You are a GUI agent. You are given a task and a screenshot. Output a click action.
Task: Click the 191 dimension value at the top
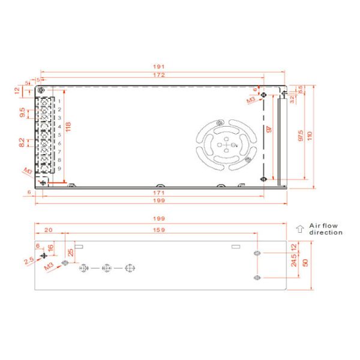click(x=158, y=67)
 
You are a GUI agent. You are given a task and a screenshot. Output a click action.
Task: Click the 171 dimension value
click(x=158, y=193)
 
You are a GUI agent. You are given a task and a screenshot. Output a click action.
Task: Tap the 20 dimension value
click(x=48, y=229)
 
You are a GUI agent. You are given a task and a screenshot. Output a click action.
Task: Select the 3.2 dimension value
click(x=292, y=98)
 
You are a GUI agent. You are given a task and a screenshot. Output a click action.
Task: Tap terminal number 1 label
click(x=59, y=101)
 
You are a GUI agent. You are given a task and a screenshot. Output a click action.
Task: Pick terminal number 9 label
click(x=59, y=169)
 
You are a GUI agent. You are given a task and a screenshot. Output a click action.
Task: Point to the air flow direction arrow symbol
click(x=300, y=228)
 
